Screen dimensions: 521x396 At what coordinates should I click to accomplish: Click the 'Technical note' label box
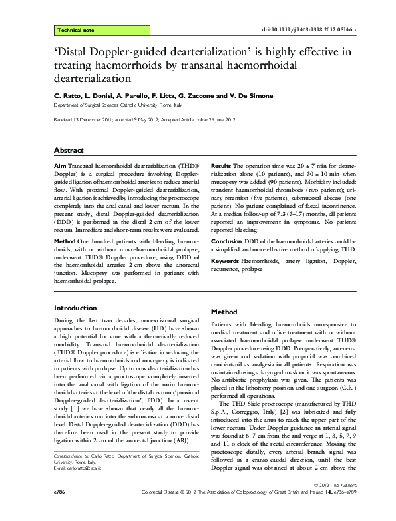(77, 31)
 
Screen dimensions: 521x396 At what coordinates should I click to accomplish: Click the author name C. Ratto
(67, 96)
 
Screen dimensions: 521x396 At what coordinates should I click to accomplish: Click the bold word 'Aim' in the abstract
(59, 164)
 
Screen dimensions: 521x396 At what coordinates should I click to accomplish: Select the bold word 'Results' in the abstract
(221, 164)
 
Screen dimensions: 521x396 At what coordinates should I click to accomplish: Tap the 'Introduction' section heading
(75, 308)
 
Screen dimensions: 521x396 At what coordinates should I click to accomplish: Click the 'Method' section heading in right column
(224, 312)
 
